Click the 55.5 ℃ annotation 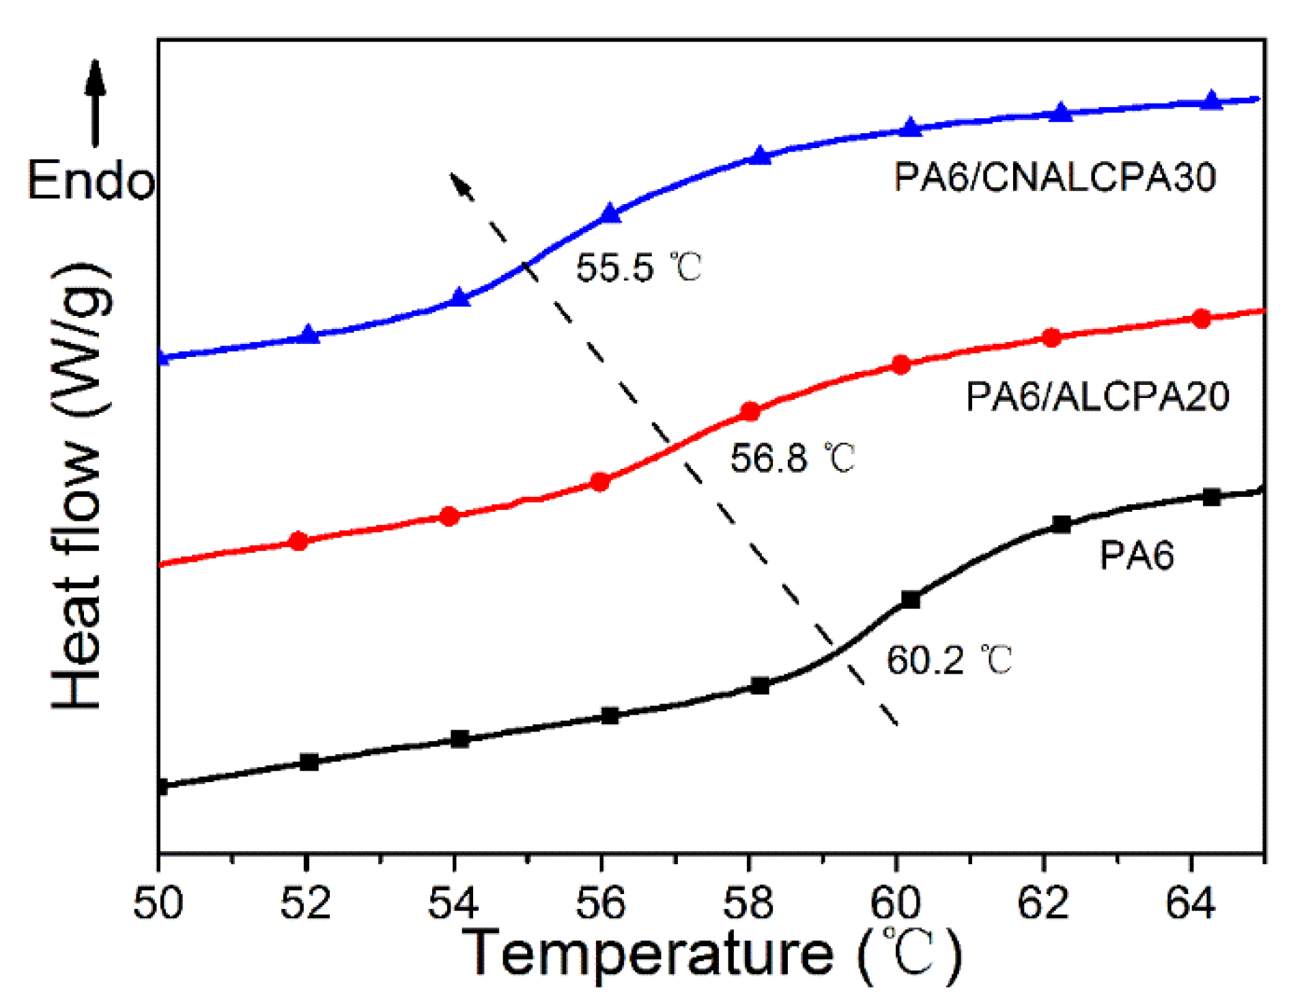click(638, 267)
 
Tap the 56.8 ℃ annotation click(792, 457)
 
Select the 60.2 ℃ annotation click(948, 660)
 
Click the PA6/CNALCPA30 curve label click(1055, 177)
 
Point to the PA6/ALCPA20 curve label click(1097, 397)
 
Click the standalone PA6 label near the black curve click(1136, 555)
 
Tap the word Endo click(91, 182)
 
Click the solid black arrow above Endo click(95, 102)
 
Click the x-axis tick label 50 click(158, 903)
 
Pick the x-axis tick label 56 click(600, 903)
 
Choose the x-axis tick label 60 click(895, 903)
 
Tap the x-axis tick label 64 click(1190, 903)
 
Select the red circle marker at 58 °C click(750, 412)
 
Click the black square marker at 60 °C click(910, 599)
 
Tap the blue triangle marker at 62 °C click(1060, 113)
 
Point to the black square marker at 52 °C click(309, 762)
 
